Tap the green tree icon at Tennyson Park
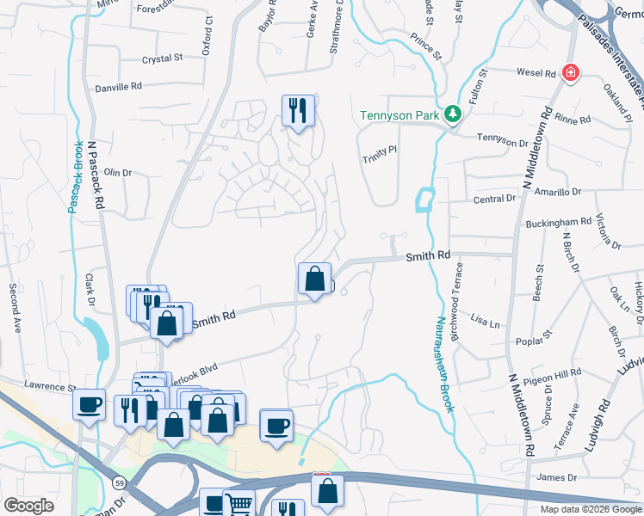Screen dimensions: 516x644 [x=452, y=114]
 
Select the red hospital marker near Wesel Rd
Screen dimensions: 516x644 [x=569, y=73]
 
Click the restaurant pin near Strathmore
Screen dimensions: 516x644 [x=298, y=110]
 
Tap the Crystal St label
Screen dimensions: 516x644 [x=164, y=58]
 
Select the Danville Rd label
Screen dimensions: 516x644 [x=119, y=87]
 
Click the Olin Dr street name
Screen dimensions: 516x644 [x=117, y=173]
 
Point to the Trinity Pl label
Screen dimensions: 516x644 [x=379, y=149]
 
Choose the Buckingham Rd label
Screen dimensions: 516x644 [x=559, y=223]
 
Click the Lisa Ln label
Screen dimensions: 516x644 [x=485, y=322]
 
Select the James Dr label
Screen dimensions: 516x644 [x=555, y=477]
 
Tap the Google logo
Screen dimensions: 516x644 [x=28, y=506]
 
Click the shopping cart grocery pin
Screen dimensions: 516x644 [x=238, y=505]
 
